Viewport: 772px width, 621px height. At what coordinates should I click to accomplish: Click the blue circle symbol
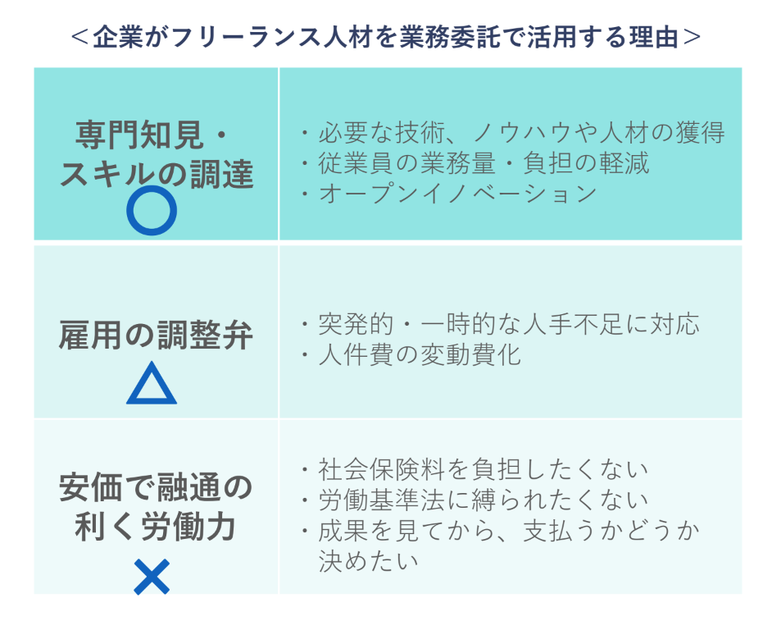click(x=152, y=211)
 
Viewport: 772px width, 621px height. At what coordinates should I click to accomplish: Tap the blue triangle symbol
click(x=152, y=386)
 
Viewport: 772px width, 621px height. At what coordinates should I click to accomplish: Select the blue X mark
click(x=152, y=577)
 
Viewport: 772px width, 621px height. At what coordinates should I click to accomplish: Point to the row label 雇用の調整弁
click(x=156, y=336)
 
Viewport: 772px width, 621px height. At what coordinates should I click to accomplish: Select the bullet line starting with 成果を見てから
click(x=508, y=530)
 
